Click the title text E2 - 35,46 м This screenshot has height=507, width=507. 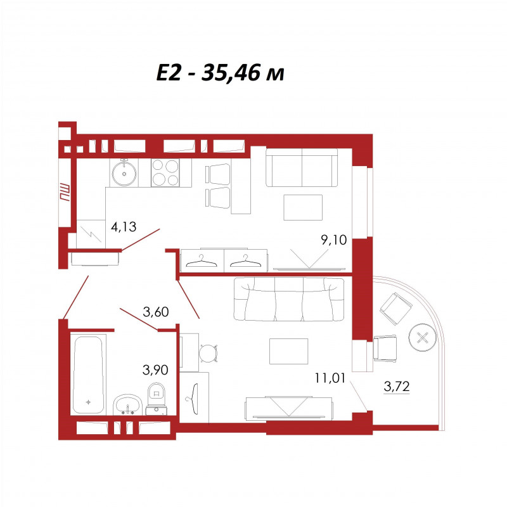click(220, 73)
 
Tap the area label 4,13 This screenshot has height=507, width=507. click(124, 227)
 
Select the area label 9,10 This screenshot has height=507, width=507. click(334, 240)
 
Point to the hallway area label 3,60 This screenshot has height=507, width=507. click(155, 312)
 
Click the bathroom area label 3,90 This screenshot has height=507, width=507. click(155, 369)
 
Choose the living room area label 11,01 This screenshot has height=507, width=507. click(330, 378)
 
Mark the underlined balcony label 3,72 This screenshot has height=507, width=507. click(397, 387)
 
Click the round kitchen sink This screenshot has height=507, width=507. click(124, 173)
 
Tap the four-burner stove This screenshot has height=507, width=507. click(165, 172)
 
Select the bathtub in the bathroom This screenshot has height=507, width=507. click(88, 375)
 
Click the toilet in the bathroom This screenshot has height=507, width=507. click(157, 399)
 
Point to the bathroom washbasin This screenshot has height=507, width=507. click(128, 404)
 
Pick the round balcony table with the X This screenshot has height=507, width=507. click(422, 338)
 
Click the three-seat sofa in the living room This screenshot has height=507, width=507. click(289, 299)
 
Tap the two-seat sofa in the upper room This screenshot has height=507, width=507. click(302, 167)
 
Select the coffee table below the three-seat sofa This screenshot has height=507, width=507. click(289, 351)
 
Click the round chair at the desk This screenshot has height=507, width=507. click(208, 354)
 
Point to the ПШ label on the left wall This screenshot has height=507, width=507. click(64, 193)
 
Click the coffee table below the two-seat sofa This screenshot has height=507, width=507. click(303, 207)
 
